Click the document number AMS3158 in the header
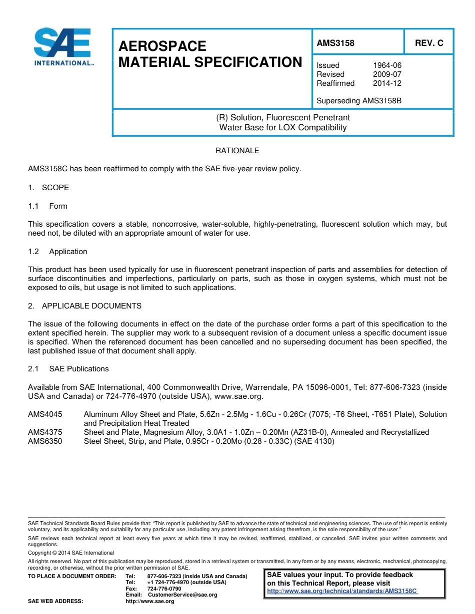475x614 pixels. [x=335, y=43]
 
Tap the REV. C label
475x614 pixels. [x=429, y=43]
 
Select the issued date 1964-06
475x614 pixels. [x=387, y=65]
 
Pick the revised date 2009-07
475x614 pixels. [x=387, y=74]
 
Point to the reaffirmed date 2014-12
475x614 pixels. [x=387, y=83]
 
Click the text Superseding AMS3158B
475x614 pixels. [x=359, y=101]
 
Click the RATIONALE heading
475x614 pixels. [x=237, y=151]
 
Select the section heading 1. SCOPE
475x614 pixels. [x=48, y=188]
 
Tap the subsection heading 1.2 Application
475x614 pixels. [x=57, y=252]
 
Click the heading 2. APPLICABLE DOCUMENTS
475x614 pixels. [x=84, y=306]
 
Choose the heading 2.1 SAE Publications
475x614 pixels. [x=68, y=369]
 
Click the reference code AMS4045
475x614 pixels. [x=45, y=414]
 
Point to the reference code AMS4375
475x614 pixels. [x=45, y=432]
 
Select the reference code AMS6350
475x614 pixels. [x=45, y=441]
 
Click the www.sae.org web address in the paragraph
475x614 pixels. [x=238, y=396]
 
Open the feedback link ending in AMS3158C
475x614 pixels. [x=342, y=591]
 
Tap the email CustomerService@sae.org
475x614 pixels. [x=182, y=595]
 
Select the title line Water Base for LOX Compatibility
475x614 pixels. [x=283, y=127]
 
